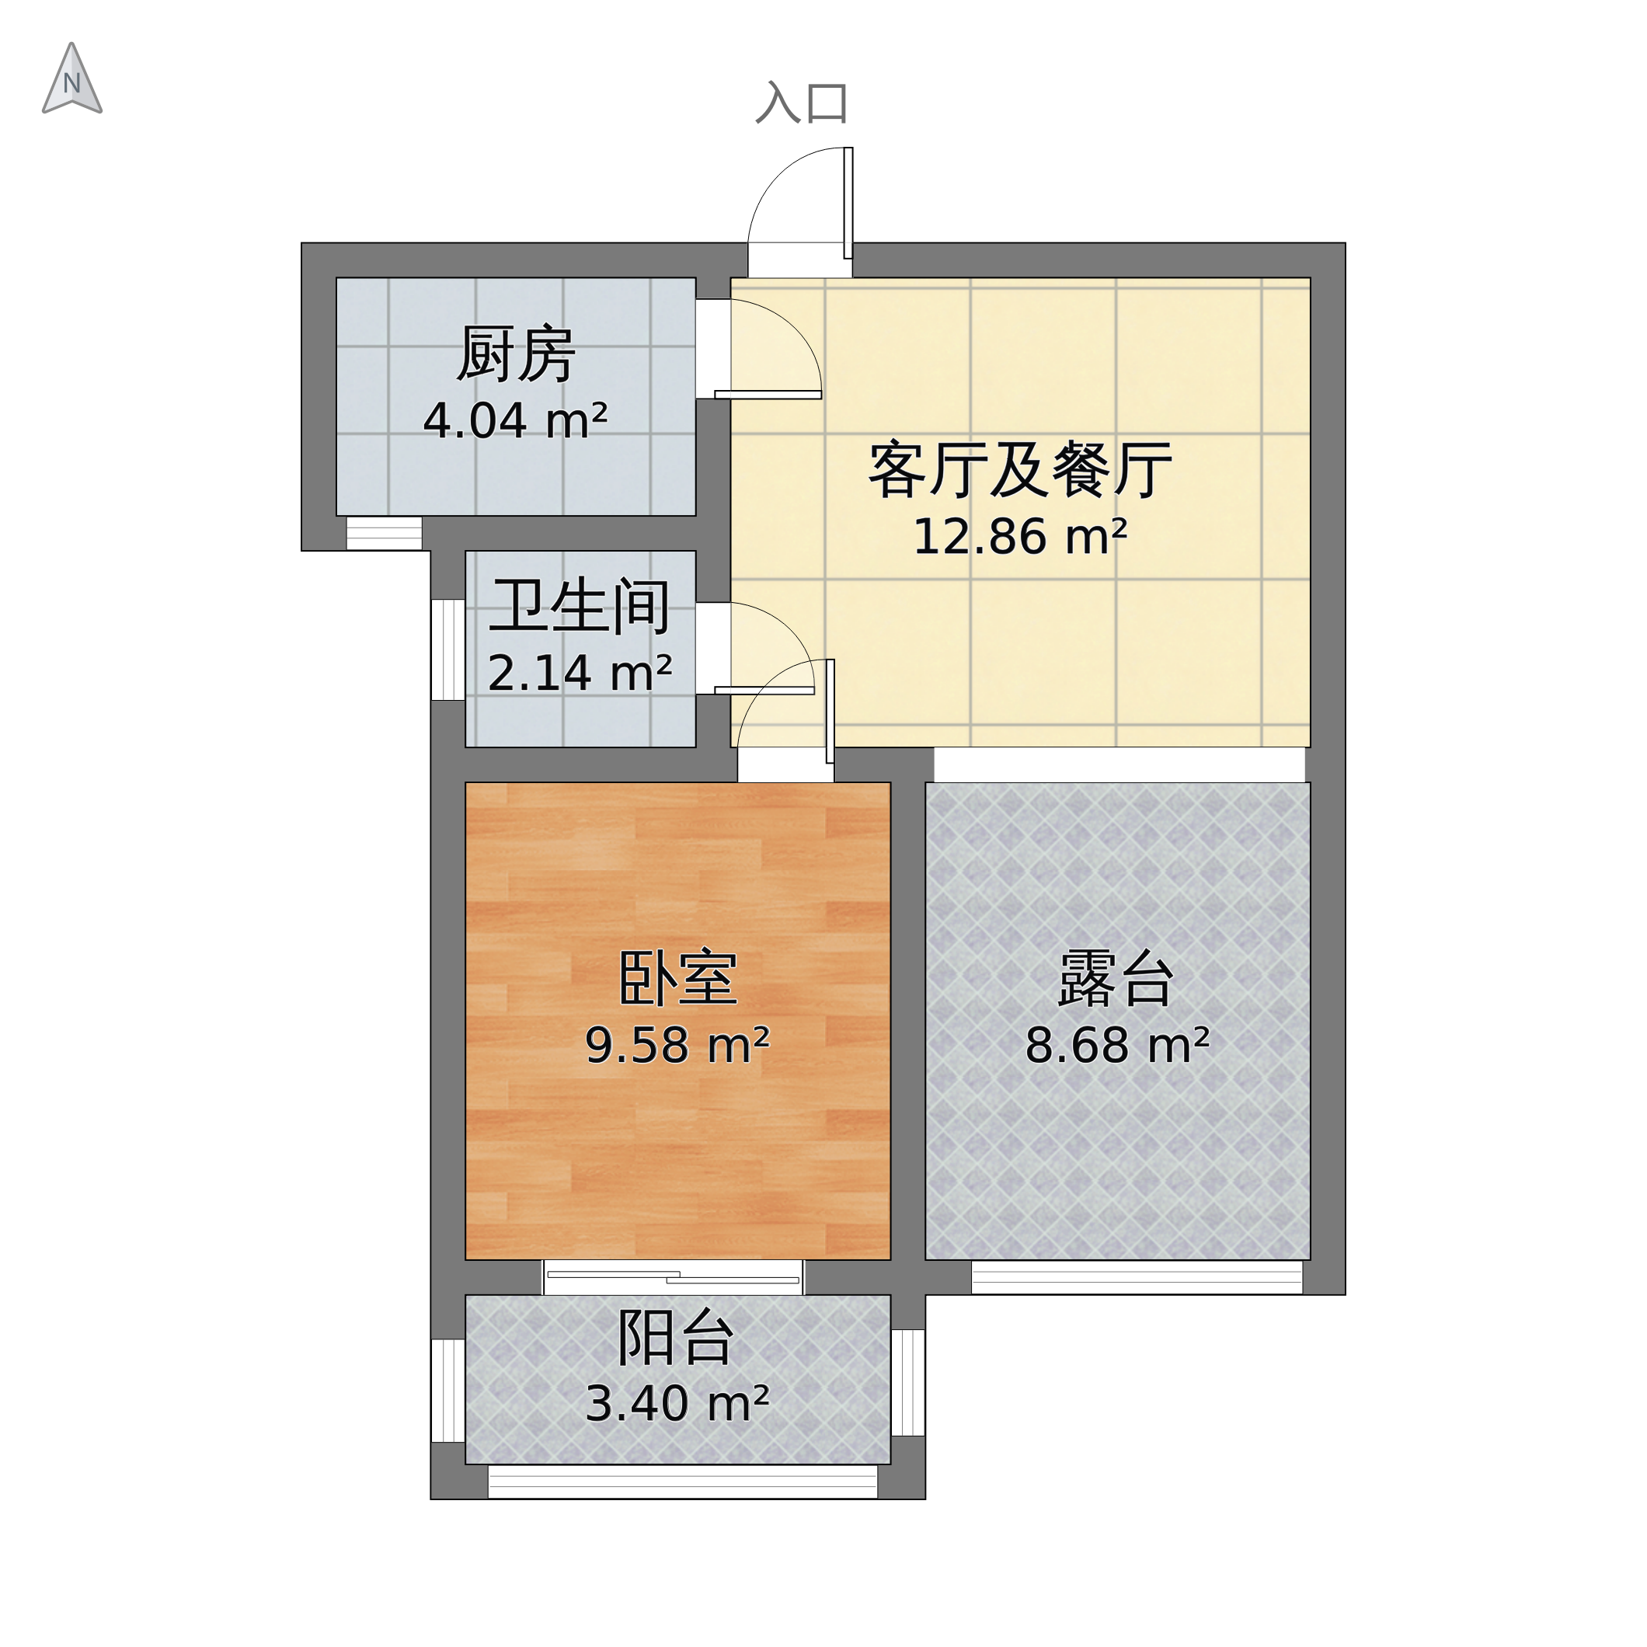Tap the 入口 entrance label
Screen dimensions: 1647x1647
pyautogui.click(x=801, y=103)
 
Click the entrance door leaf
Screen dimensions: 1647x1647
pyautogui.click(x=848, y=203)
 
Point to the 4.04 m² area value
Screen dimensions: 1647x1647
pyautogui.click(x=515, y=421)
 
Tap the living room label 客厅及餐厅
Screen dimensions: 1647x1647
pyautogui.click(x=1019, y=471)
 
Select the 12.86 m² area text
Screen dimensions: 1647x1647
pyautogui.click(x=1019, y=538)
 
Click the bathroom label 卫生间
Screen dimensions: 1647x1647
pyautogui.click(x=580, y=607)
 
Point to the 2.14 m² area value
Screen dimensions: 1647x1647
pyautogui.click(x=580, y=674)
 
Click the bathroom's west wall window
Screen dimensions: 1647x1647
pyautogui.click(x=447, y=649)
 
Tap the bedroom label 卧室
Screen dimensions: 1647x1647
pyautogui.click(x=677, y=979)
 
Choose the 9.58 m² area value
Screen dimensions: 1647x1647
pyautogui.click(x=677, y=1045)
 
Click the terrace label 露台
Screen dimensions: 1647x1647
pyautogui.click(x=1116, y=979)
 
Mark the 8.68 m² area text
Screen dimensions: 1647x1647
pyautogui.click(x=1116, y=1045)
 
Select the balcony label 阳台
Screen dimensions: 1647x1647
pyautogui.click(x=675, y=1338)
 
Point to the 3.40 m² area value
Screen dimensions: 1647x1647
pyautogui.click(x=677, y=1404)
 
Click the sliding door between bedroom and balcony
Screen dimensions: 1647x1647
pyautogui.click(x=674, y=1277)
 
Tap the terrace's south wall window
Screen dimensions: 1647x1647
pyautogui.click(x=1137, y=1277)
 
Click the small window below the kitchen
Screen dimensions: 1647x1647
pyautogui.click(x=384, y=534)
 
